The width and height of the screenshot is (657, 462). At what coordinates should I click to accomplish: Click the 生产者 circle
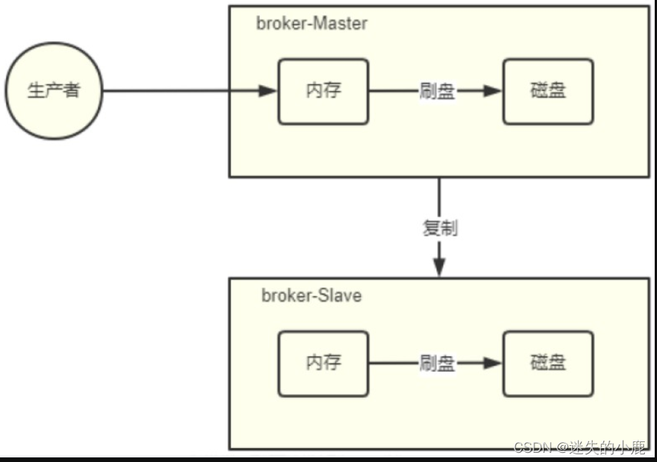click(54, 91)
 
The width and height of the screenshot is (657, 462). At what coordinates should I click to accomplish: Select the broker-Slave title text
click(312, 295)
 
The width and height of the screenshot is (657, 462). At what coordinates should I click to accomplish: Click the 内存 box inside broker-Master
click(322, 92)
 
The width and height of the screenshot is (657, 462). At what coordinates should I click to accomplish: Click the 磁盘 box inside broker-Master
click(547, 92)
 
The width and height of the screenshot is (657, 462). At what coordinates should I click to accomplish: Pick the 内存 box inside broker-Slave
click(322, 363)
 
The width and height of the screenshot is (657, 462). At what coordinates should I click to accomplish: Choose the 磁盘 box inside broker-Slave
click(547, 363)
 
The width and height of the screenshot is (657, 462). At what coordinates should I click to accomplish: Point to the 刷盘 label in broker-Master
click(436, 92)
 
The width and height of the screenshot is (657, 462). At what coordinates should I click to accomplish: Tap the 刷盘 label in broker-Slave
click(436, 363)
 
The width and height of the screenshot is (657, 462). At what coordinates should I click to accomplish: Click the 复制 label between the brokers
click(440, 228)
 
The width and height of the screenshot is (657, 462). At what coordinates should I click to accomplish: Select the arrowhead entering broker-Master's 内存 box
click(267, 92)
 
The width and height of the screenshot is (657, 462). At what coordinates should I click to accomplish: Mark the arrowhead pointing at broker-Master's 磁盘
click(492, 92)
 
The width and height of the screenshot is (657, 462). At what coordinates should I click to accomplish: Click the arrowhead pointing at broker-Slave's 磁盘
click(492, 363)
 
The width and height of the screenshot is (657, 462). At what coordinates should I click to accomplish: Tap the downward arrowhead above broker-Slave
click(440, 266)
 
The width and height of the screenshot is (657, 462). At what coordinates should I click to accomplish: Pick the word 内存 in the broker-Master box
click(322, 90)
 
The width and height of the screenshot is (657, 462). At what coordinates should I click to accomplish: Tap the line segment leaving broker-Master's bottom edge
click(440, 195)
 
